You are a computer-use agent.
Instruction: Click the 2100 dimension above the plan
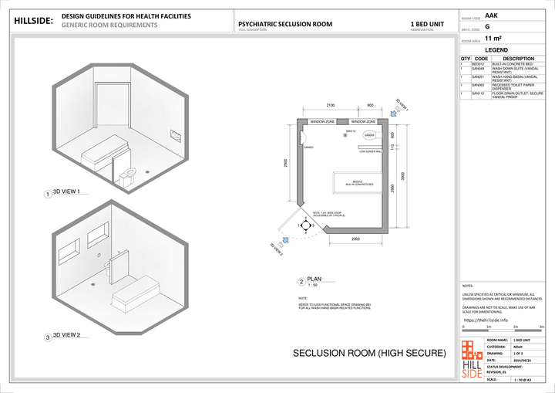pyautogui.click(x=330, y=105)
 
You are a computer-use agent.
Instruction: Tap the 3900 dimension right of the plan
pyautogui.click(x=404, y=176)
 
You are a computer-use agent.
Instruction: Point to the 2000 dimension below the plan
pyautogui.click(x=355, y=239)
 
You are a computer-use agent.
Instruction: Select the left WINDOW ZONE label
pyautogui.click(x=322, y=122)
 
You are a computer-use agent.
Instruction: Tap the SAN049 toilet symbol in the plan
pyautogui.click(x=369, y=136)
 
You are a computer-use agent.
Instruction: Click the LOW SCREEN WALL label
pyautogui.click(x=372, y=151)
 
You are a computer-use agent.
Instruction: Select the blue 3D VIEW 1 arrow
pyautogui.click(x=393, y=113)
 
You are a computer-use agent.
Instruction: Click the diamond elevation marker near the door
pyautogui.click(x=305, y=225)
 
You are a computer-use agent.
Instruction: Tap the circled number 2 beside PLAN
pyautogui.click(x=301, y=282)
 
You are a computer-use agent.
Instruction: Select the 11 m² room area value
pyautogui.click(x=494, y=38)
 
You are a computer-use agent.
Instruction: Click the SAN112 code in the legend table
pyautogui.click(x=477, y=93)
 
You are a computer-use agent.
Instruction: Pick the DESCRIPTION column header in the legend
pyautogui.click(x=518, y=58)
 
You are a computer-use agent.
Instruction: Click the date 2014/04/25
pyautogui.click(x=513, y=361)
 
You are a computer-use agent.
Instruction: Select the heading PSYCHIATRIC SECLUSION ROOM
pyautogui.click(x=285, y=24)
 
